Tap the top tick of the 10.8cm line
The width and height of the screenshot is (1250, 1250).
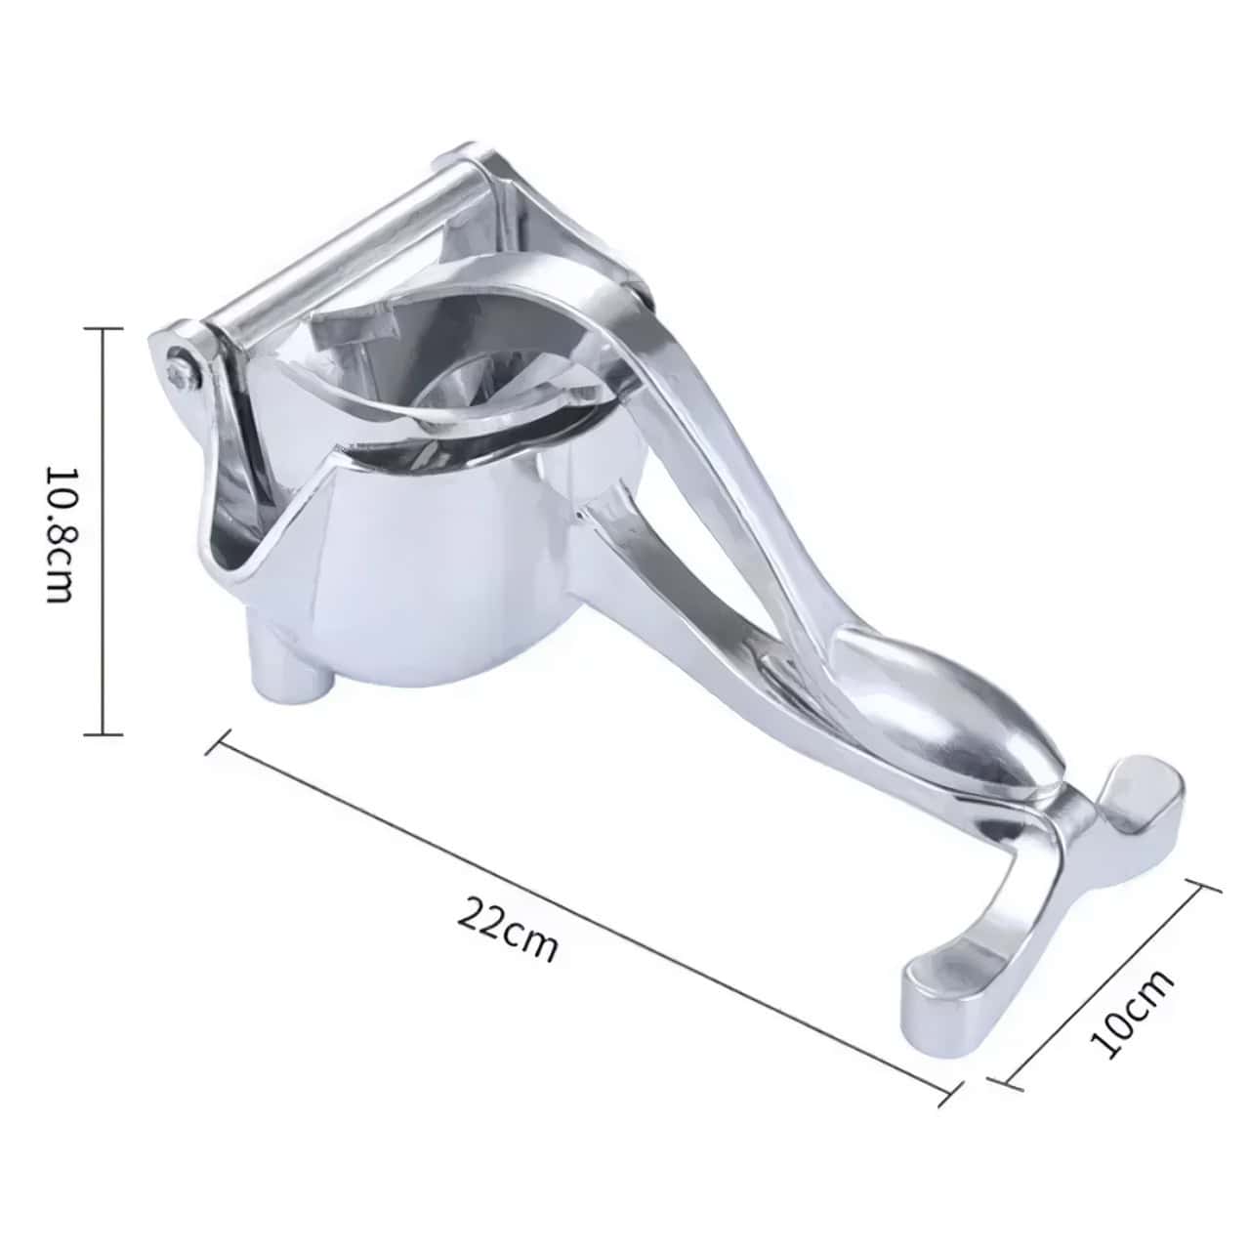click(102, 329)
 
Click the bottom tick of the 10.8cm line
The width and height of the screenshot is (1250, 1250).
click(102, 733)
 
